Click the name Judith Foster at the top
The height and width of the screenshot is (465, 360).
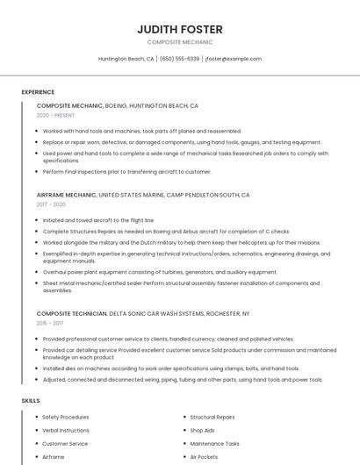click(179, 29)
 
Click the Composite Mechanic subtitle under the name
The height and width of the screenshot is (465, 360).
click(179, 42)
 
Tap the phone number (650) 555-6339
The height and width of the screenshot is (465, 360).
click(179, 59)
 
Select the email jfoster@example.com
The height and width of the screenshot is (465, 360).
click(234, 59)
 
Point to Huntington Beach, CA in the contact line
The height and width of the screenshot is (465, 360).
click(126, 59)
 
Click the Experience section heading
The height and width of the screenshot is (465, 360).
click(38, 92)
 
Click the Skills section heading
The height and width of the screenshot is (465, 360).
click(31, 400)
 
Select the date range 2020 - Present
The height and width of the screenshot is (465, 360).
click(55, 115)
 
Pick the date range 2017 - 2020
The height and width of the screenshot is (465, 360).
click(51, 204)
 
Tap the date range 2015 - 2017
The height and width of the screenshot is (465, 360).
click(49, 322)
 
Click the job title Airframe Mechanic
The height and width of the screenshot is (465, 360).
click(66, 195)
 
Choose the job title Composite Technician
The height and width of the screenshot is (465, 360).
click(70, 313)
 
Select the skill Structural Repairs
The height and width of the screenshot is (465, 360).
click(212, 417)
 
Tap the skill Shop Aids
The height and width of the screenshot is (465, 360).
click(202, 430)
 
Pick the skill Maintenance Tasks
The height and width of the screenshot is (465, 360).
click(214, 443)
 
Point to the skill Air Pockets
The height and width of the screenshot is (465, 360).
click(204, 456)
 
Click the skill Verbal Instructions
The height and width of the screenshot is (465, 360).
click(66, 430)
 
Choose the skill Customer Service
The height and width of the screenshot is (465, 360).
click(65, 443)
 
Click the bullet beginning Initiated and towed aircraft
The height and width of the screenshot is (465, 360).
click(98, 220)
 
